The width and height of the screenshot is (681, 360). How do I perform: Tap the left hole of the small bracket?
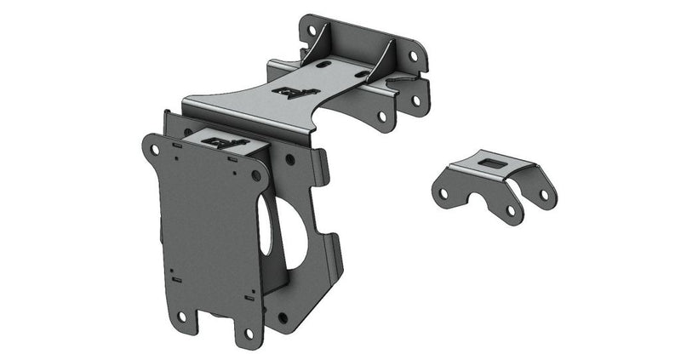tap(443, 193)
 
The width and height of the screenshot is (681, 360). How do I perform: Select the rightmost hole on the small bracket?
tap(543, 195)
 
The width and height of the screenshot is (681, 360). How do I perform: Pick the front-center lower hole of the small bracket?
tap(510, 209)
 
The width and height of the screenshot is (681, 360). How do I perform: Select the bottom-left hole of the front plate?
tap(181, 317)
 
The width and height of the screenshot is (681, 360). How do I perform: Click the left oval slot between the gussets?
tap(327, 61)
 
